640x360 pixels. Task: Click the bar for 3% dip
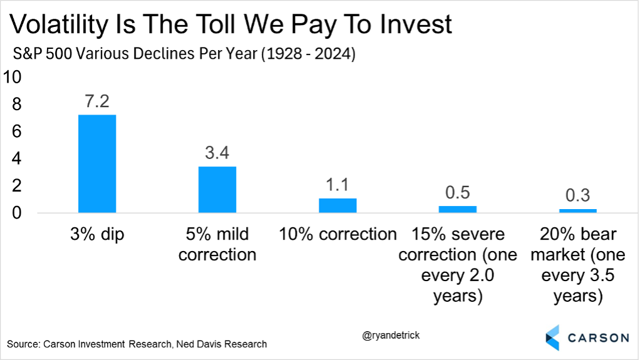(96, 164)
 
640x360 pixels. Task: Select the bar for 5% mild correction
(217, 190)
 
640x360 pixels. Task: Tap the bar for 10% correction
(338, 205)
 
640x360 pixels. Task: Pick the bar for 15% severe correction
(458, 209)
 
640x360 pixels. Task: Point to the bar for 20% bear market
(578, 210)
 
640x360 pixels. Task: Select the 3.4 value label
(217, 153)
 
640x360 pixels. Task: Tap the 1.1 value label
(338, 185)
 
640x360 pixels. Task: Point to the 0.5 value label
(458, 192)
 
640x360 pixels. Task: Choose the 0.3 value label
(578, 195)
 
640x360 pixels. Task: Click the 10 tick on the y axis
(13, 77)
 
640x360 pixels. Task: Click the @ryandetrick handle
(391, 336)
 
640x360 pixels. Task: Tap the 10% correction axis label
(338, 234)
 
